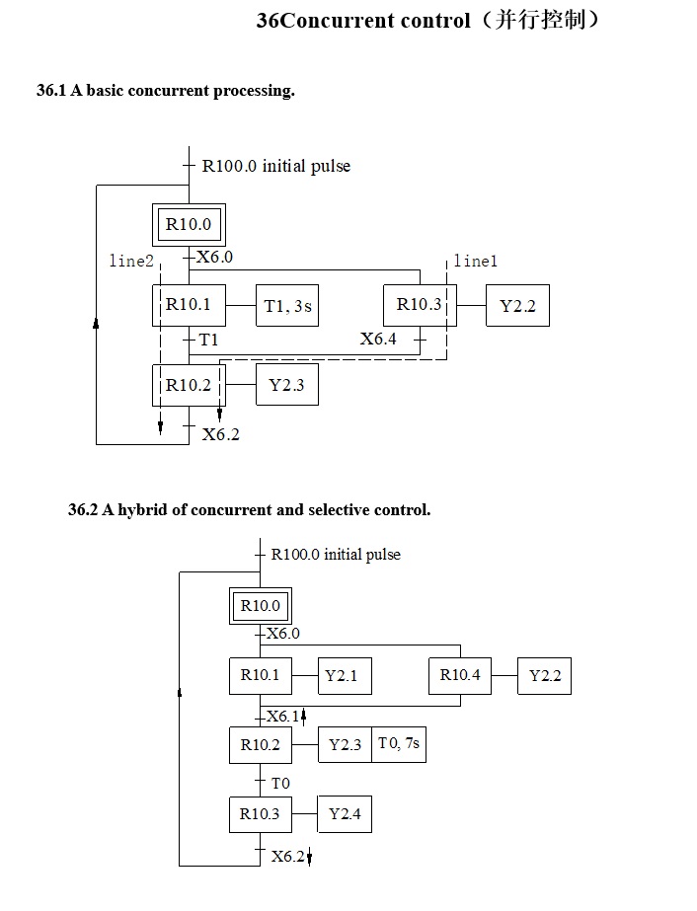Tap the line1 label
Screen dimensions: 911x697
(x=476, y=262)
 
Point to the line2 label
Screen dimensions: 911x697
(x=131, y=262)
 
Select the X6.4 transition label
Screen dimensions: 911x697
(x=378, y=340)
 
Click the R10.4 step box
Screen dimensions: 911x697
(x=460, y=676)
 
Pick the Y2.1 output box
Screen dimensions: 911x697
(x=342, y=676)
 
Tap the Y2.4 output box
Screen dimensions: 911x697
(x=345, y=814)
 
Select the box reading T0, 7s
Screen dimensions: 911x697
(x=399, y=744)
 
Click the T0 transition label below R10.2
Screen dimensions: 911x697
(x=280, y=783)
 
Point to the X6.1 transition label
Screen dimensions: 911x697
(x=282, y=717)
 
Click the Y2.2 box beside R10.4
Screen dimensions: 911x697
(x=545, y=676)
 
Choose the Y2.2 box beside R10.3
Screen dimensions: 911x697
(x=517, y=306)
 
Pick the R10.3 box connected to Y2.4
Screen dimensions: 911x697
(x=260, y=814)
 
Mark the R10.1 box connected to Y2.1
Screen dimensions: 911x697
(x=261, y=676)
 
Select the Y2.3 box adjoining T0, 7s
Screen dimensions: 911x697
(x=345, y=745)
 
